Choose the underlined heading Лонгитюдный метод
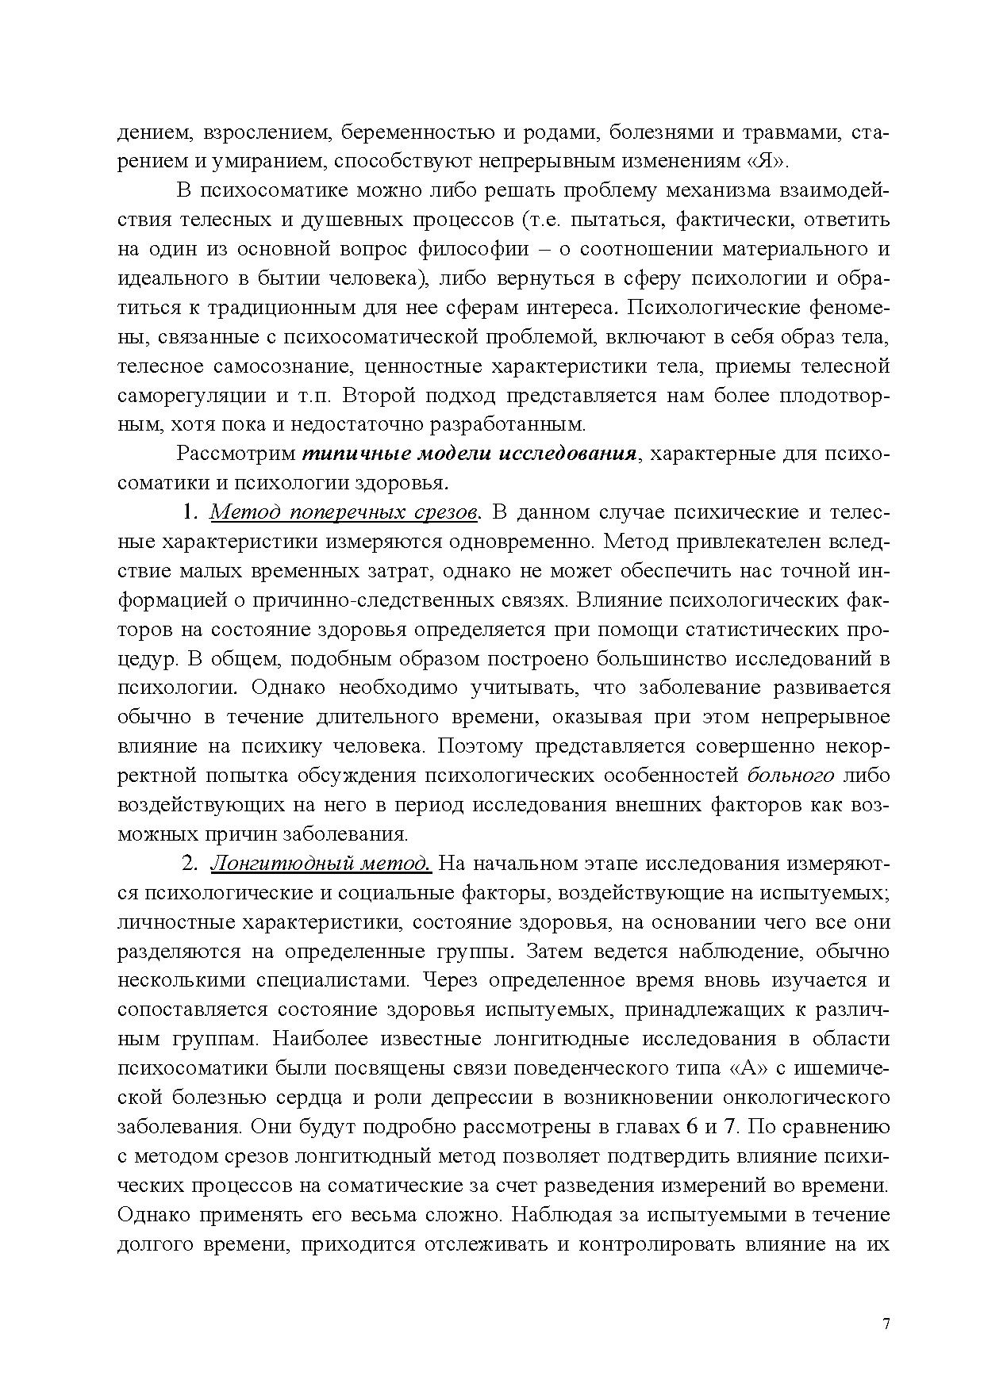pyautogui.click(x=321, y=864)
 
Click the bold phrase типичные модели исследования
pyautogui.click(x=469, y=454)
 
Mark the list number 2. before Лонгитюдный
pyautogui.click(x=190, y=864)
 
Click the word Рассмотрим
pyautogui.click(x=234, y=454)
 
